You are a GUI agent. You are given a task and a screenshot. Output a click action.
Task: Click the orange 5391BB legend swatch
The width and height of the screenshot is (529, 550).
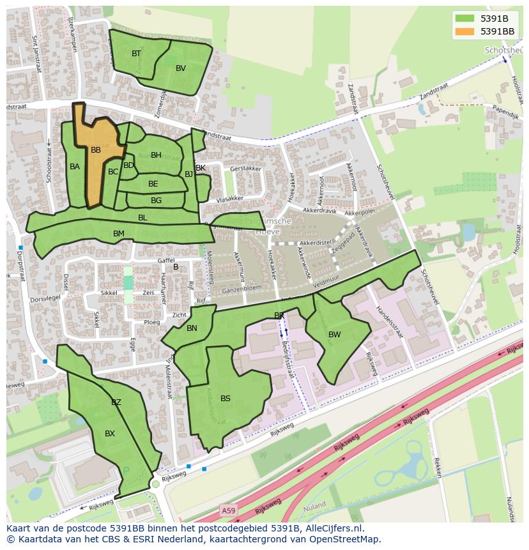tap(465, 31)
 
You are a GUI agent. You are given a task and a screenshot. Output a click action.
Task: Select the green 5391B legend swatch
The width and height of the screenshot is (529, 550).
tap(465, 19)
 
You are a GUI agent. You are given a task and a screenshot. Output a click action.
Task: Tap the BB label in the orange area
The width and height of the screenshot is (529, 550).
tap(96, 150)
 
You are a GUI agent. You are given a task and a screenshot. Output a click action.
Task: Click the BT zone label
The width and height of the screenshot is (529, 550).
tap(136, 54)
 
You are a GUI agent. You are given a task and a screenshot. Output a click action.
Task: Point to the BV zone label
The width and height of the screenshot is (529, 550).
tap(181, 68)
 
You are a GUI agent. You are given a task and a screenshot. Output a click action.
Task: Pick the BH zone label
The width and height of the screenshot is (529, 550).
tap(156, 155)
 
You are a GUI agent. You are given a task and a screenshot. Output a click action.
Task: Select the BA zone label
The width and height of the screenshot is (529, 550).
tap(75, 167)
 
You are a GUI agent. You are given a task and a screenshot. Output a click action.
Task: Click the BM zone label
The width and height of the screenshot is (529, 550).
tap(119, 234)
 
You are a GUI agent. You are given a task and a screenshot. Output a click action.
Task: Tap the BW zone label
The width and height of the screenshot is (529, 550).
tap(334, 335)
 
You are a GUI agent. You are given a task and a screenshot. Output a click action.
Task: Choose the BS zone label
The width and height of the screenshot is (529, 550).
tap(226, 399)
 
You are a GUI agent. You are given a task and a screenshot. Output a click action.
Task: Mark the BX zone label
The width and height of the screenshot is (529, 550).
tap(110, 434)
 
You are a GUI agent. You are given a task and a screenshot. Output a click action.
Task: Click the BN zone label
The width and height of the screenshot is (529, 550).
tap(192, 328)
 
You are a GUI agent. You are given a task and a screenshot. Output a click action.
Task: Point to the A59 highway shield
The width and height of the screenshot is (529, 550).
tap(228, 510)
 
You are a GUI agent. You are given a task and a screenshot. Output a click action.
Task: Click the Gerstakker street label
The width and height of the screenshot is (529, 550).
tap(246, 169)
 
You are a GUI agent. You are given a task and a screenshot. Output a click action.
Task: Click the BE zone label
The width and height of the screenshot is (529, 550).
tap(153, 184)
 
